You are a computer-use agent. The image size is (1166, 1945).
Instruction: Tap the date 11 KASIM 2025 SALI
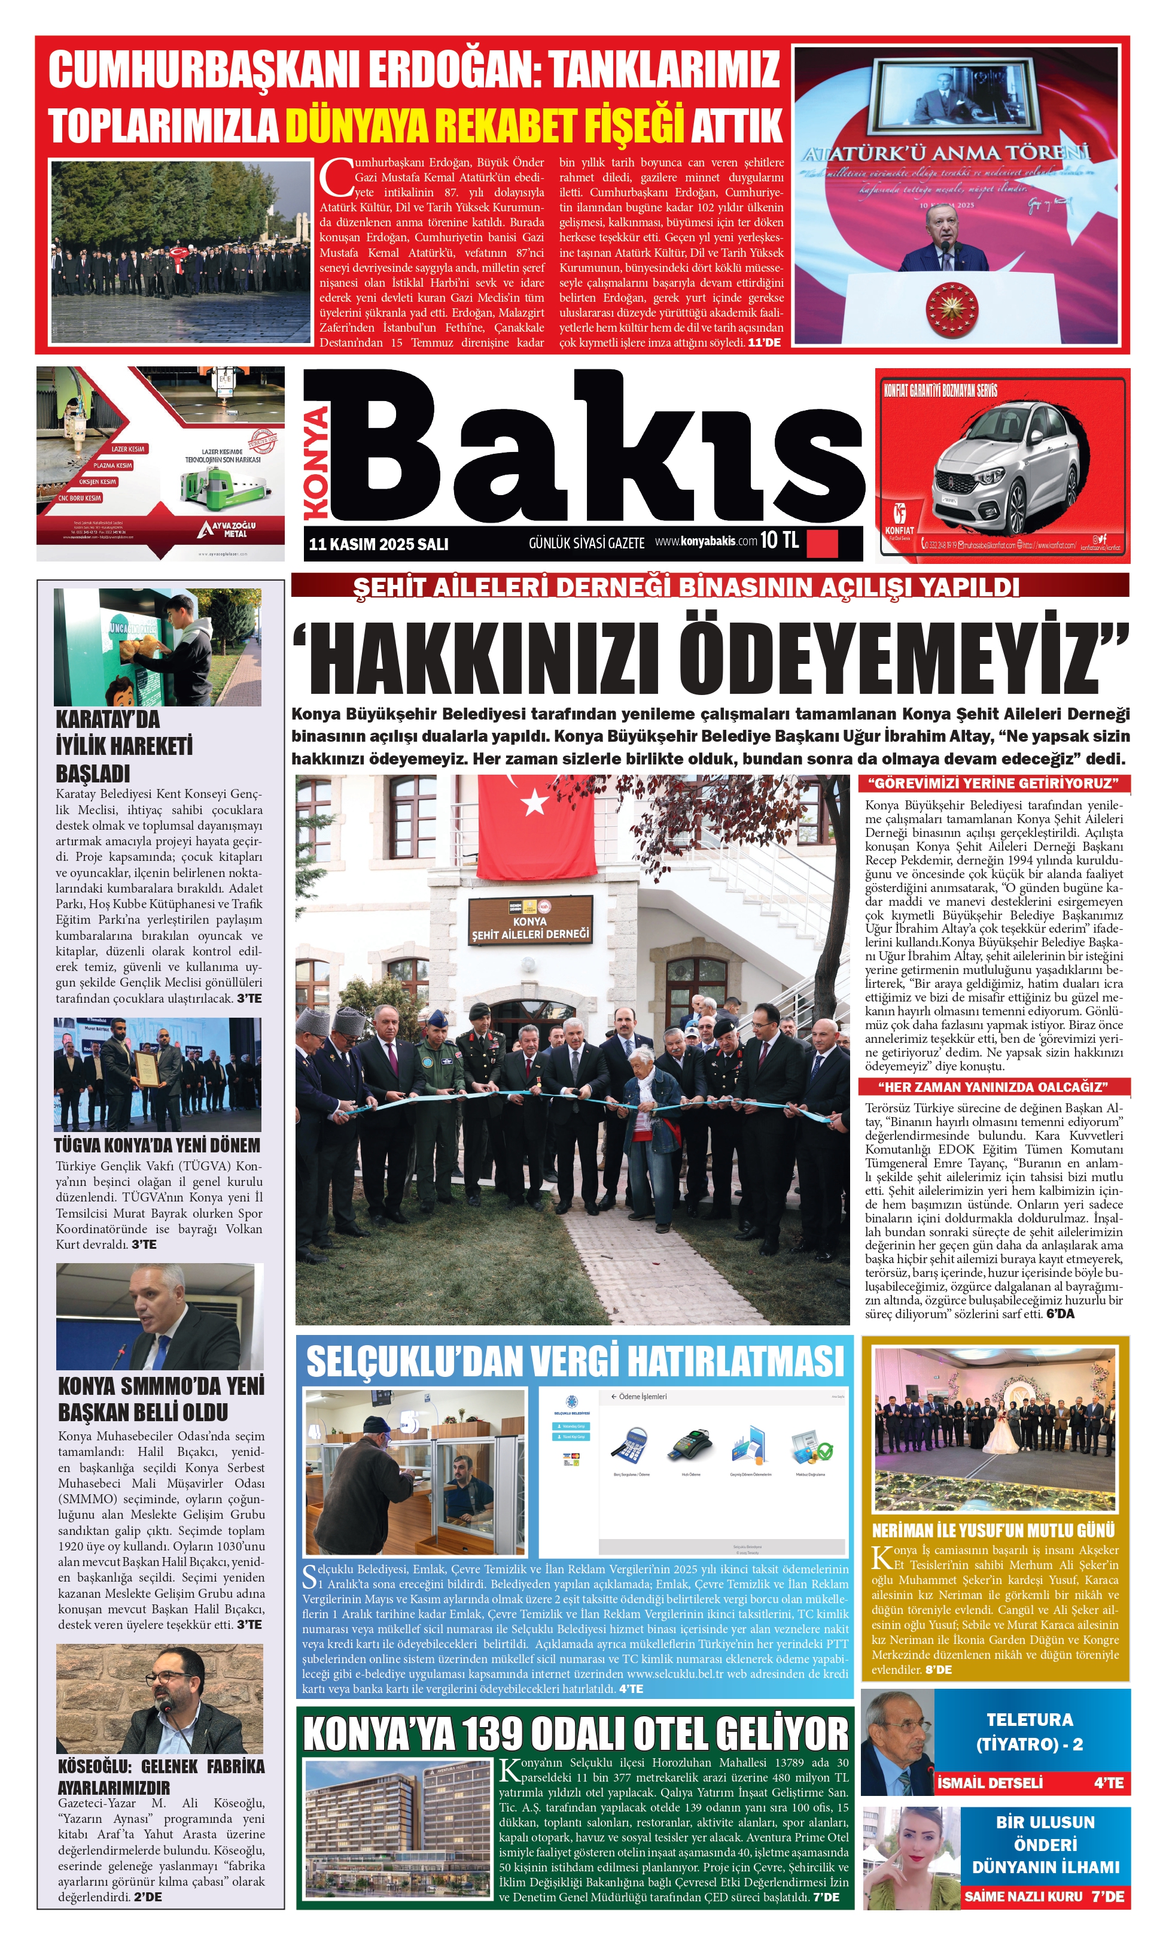tap(378, 544)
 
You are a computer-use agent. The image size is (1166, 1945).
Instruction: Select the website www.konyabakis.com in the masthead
tap(705, 541)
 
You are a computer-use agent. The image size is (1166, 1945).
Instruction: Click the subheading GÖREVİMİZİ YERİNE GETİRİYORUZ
tap(993, 783)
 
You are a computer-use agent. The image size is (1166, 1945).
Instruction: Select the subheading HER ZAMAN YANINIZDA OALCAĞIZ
tap(993, 1087)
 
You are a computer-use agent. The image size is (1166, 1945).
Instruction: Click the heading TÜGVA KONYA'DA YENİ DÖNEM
tap(157, 1145)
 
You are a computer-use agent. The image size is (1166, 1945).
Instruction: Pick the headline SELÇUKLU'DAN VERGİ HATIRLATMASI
tap(574, 1361)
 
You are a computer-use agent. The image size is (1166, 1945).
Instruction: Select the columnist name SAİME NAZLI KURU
tap(1023, 1897)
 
